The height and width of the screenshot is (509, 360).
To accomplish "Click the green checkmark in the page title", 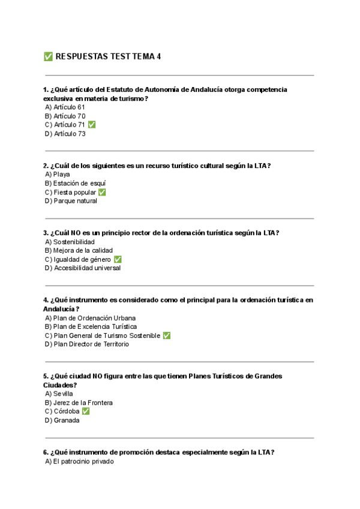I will [x=48, y=56].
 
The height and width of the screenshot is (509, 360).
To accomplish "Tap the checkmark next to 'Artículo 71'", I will [x=91, y=125].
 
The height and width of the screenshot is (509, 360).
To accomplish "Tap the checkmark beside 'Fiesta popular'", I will [x=102, y=192].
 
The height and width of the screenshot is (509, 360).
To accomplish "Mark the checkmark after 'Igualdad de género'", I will [x=118, y=259].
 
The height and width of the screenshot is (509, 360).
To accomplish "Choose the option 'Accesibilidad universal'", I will [x=87, y=268].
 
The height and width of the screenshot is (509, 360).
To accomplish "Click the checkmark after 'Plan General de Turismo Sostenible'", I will [x=166, y=336].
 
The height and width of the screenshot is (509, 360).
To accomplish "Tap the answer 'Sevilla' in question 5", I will [x=64, y=394].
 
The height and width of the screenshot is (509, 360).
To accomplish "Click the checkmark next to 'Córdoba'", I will [x=86, y=412].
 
